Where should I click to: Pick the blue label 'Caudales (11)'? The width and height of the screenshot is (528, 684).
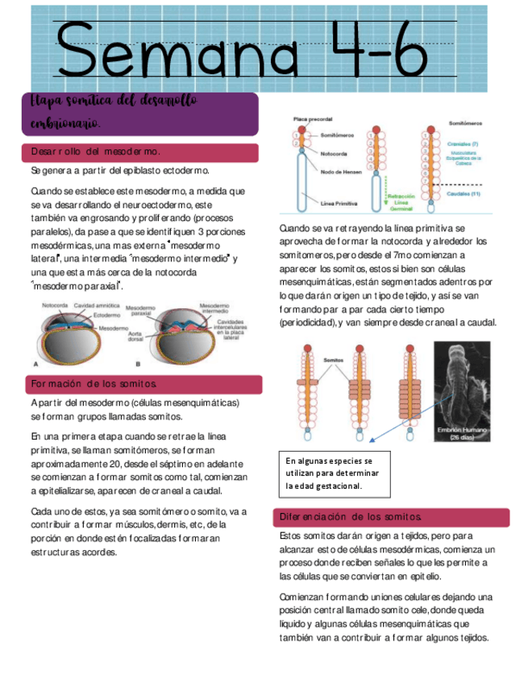[464, 194]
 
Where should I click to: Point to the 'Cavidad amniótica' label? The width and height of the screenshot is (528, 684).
[97, 307]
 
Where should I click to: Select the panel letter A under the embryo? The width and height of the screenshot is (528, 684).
[36, 363]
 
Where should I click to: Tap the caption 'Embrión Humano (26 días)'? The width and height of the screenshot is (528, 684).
[460, 432]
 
